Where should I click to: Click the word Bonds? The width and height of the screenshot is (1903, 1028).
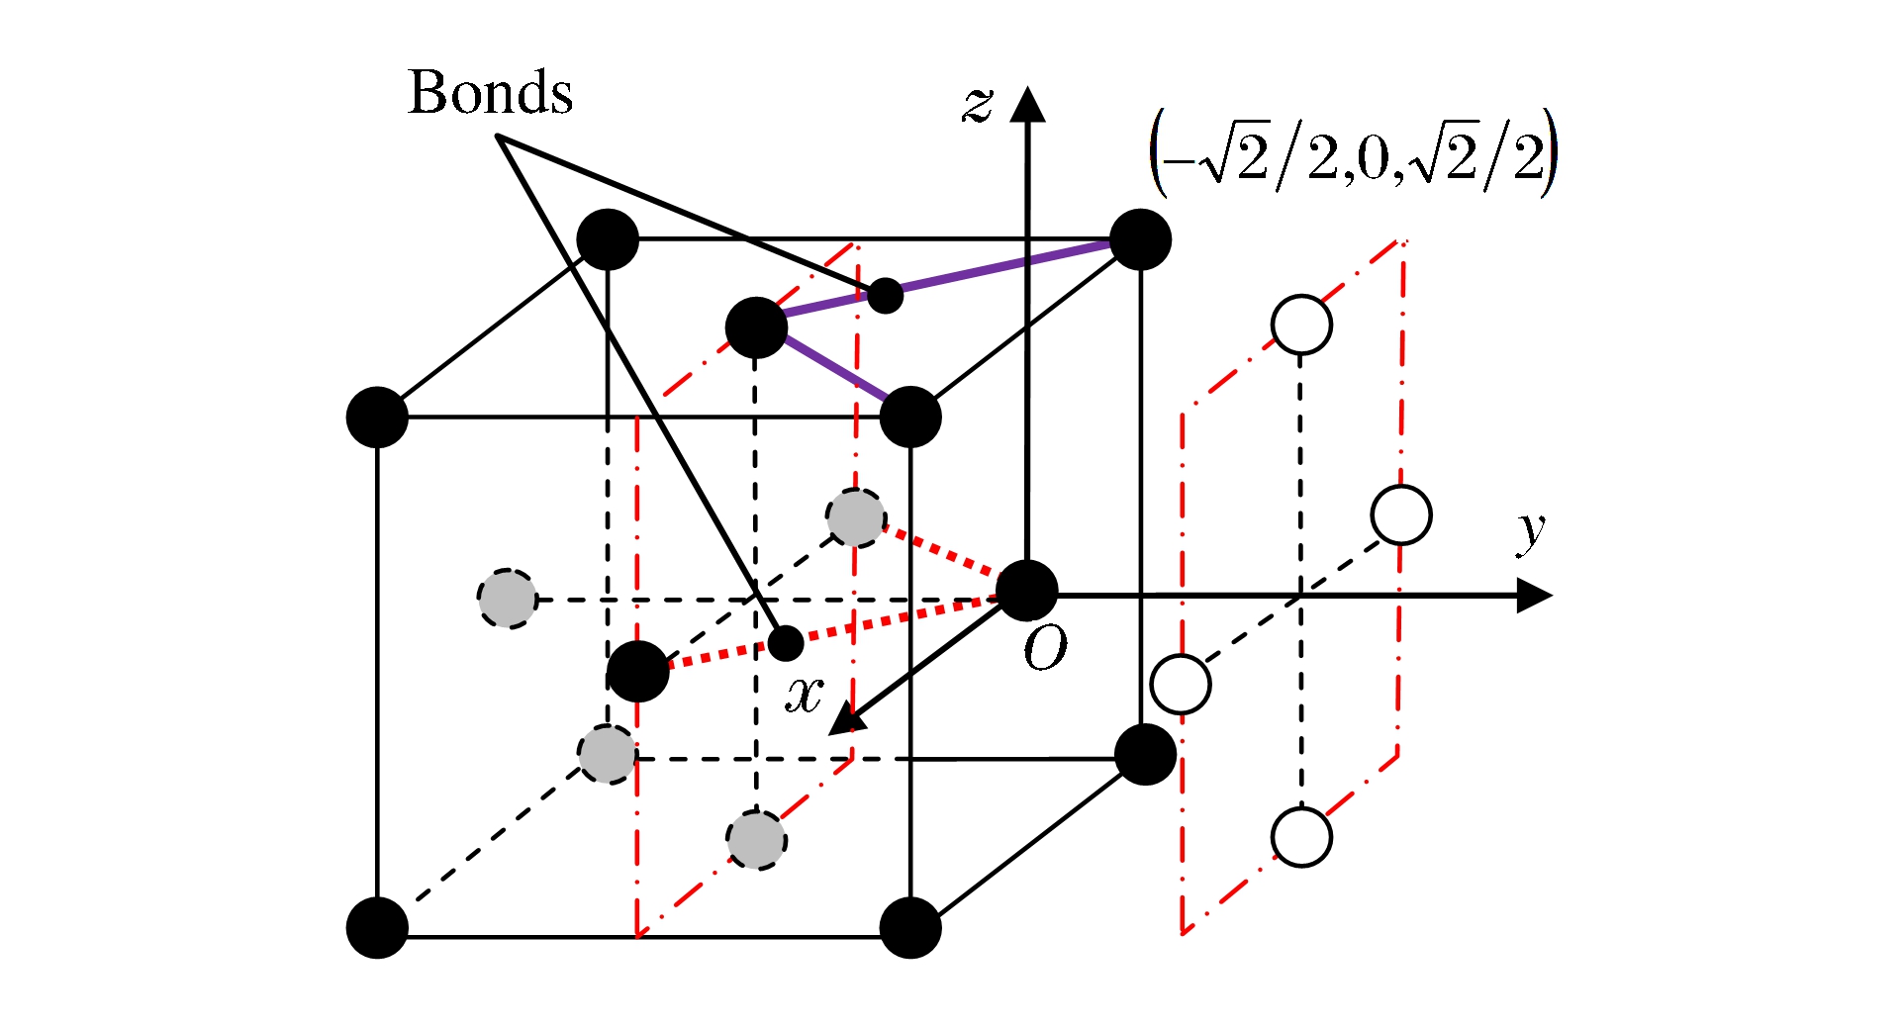(x=490, y=93)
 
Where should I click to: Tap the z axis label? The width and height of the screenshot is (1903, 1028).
(x=977, y=103)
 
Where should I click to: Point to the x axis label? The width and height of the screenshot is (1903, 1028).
(x=804, y=695)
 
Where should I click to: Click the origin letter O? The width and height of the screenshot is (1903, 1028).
(x=1045, y=650)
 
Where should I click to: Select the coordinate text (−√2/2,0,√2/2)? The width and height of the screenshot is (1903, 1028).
(x=1353, y=155)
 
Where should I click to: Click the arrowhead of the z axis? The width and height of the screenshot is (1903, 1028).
(x=1028, y=103)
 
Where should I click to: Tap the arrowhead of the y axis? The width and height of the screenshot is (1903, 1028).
(x=1533, y=596)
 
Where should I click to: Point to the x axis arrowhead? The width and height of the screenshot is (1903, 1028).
(x=845, y=719)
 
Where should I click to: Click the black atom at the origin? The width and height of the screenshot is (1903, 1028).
(x=1026, y=591)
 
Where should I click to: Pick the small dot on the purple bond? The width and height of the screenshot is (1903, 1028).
(x=885, y=295)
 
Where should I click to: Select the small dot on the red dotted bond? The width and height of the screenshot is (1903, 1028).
(x=786, y=643)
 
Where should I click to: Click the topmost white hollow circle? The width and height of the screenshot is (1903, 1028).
(x=1301, y=325)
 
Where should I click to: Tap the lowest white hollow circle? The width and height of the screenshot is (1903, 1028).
(x=1301, y=837)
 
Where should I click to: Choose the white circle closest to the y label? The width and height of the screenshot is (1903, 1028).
(x=1401, y=514)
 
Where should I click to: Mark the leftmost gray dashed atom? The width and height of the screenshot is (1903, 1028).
(x=508, y=599)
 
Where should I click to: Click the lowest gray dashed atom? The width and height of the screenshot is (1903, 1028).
(x=757, y=840)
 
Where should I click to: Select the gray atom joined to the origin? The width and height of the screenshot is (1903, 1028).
(x=855, y=517)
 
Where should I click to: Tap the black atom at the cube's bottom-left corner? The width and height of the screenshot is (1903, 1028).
(x=377, y=928)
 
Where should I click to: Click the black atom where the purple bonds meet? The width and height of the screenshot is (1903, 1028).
(x=756, y=327)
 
